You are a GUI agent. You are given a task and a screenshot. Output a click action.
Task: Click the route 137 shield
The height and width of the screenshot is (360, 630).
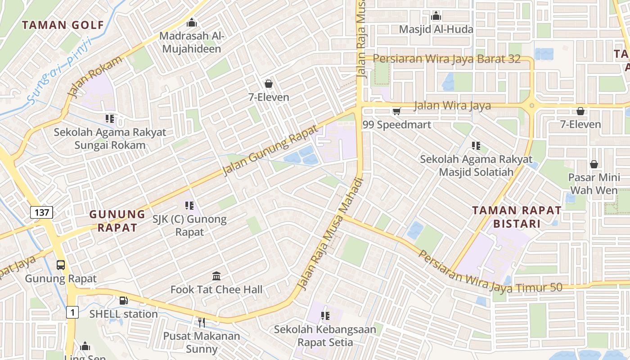42,212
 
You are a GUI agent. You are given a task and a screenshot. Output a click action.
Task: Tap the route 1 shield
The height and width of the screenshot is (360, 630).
72,312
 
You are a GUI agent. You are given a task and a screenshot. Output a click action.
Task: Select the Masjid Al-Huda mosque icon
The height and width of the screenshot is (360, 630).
436,17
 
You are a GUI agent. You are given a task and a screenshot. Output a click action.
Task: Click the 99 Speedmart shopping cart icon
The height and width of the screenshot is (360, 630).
396,111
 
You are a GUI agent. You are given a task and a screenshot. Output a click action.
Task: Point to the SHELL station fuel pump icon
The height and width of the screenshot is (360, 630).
123,301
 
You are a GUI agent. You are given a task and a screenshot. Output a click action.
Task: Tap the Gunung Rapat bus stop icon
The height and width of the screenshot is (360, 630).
61,265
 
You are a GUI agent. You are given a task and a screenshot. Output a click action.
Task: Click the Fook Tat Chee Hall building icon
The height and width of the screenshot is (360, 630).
216,276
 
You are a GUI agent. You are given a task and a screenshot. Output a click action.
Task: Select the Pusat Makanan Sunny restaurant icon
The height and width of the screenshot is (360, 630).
202,322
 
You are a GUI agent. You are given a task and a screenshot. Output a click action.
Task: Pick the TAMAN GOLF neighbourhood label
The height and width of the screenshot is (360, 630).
63,25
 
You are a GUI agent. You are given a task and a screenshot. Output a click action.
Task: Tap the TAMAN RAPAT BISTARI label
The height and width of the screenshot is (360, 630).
517,217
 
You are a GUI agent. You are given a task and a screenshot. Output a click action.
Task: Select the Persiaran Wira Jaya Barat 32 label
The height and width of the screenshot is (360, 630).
446,59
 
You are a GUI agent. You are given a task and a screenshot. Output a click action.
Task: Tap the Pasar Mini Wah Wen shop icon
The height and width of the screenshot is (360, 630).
594,164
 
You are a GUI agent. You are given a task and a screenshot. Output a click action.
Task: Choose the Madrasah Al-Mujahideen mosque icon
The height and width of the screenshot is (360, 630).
192,22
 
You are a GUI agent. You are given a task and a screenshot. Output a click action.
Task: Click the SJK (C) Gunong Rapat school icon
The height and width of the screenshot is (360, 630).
189,206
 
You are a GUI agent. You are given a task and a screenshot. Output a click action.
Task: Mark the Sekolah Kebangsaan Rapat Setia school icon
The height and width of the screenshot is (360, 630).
325,316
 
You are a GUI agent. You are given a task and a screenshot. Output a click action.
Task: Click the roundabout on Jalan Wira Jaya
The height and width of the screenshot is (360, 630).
531,106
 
